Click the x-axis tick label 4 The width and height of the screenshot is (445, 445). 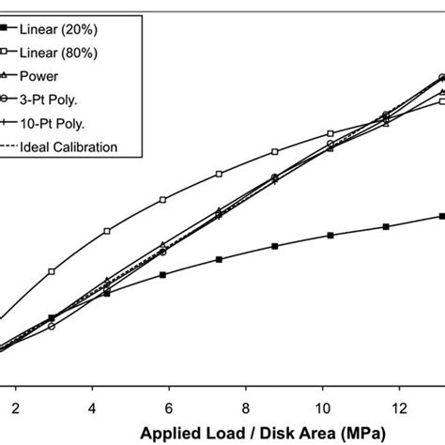[92, 408]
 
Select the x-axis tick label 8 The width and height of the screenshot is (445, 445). [245, 408]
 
